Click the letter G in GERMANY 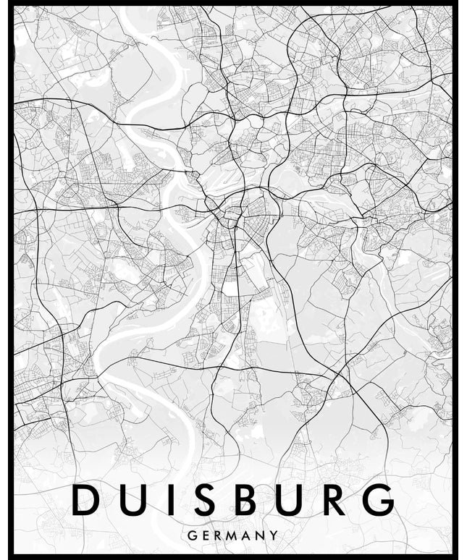pos(191,535)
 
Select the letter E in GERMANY pos(205,535)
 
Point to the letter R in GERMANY pos(218,535)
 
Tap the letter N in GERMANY pos(261,535)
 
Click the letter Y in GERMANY pos(274,535)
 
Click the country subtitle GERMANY pos(232,535)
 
